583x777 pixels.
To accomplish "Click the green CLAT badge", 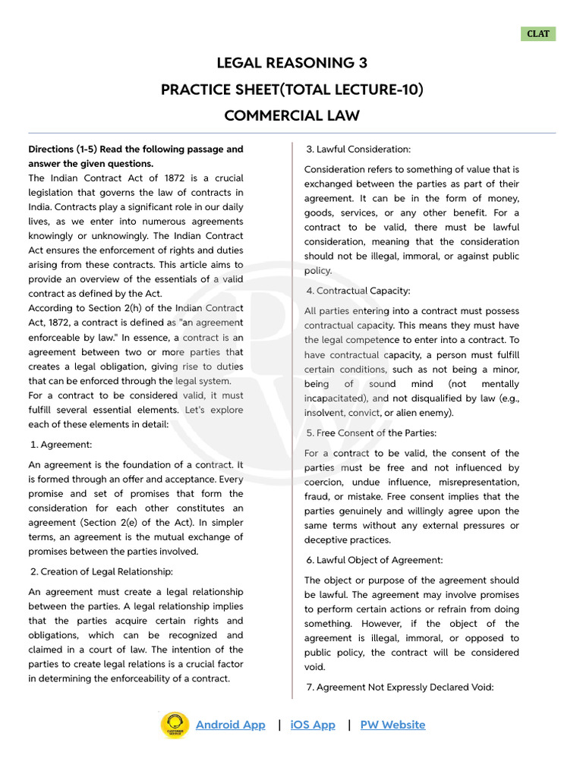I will tap(538, 34).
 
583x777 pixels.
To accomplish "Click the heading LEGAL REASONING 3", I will tap(291, 63).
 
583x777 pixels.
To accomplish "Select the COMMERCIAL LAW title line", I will tap(291, 115).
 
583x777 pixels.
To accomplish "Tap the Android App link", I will tap(230, 725).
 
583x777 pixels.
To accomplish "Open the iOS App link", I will tap(313, 725).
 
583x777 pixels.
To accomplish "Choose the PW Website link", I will tap(392, 725).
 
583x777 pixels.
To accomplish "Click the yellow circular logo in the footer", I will tap(175, 725).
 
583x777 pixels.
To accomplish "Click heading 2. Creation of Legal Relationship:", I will tap(101, 571).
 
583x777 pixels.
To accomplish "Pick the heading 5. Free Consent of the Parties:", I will tap(370, 433).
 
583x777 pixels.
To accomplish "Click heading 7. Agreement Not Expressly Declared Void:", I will tap(399, 687).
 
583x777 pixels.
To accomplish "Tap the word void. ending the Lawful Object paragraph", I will tap(315, 667).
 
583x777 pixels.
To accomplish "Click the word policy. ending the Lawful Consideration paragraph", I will tap(317, 271).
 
